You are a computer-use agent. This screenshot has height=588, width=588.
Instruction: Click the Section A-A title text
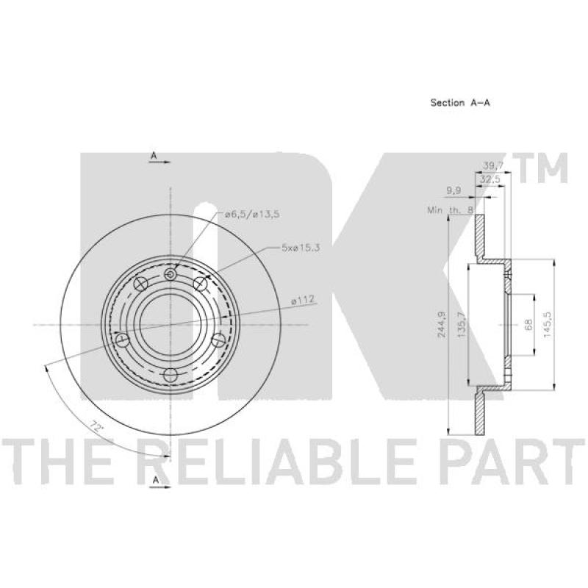[459, 104]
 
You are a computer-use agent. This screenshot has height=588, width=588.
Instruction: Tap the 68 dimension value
[528, 325]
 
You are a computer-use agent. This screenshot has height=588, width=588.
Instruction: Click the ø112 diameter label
[304, 298]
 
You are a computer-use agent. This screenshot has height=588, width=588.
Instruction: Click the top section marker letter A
[154, 156]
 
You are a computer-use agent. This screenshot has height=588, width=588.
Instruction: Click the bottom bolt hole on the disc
[171, 376]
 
